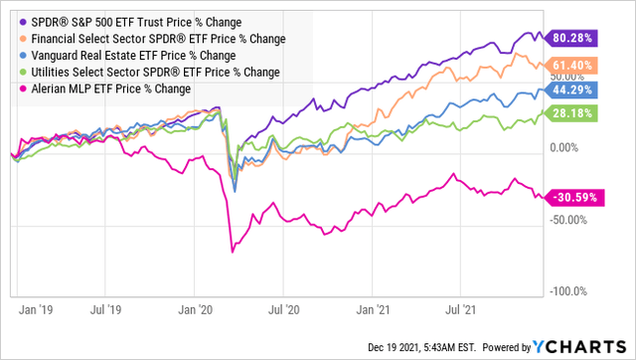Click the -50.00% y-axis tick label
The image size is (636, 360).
coord(572,220)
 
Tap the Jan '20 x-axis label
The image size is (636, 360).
coord(204,311)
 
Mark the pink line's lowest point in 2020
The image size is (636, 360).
coord(233,252)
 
